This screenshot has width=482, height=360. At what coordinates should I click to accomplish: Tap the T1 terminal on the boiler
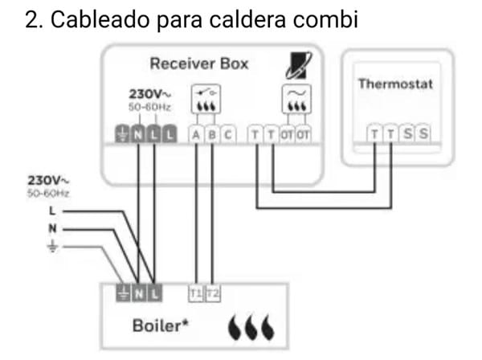195,294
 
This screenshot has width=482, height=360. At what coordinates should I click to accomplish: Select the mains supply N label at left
53,228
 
